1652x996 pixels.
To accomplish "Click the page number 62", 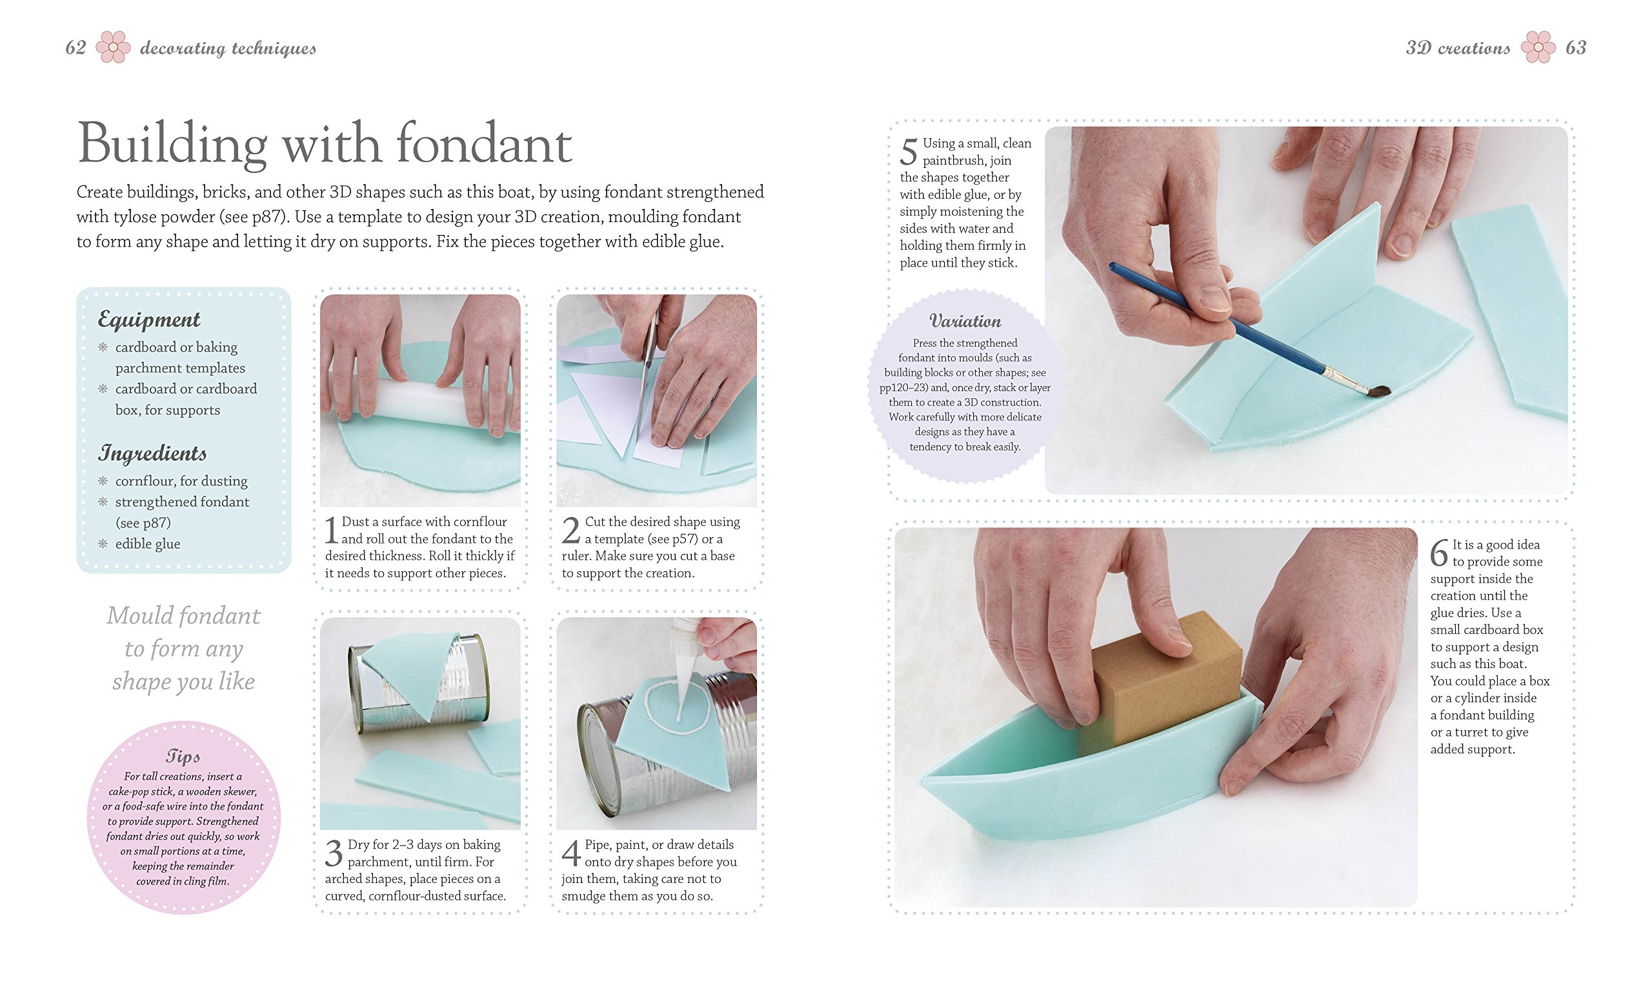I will coord(76,48).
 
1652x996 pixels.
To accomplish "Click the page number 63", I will coord(1576,48).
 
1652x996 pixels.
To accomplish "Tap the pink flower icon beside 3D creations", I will coord(1538,47).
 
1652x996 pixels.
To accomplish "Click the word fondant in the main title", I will coord(483,143).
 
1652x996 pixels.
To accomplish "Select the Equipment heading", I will coord(149,320).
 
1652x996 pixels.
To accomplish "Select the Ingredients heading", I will coord(152,453).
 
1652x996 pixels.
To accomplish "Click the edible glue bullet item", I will coord(148,544).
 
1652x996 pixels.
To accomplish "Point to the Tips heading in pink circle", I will coord(183,757).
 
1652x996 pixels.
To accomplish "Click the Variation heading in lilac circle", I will coord(965,321).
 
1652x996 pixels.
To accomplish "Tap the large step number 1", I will coord(331,530).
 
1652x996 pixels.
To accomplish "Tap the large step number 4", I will coord(570,853).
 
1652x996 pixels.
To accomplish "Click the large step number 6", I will coord(1439,553).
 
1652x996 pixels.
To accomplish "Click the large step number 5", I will coord(909,152).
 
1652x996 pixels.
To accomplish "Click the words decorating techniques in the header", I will coord(228,48).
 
